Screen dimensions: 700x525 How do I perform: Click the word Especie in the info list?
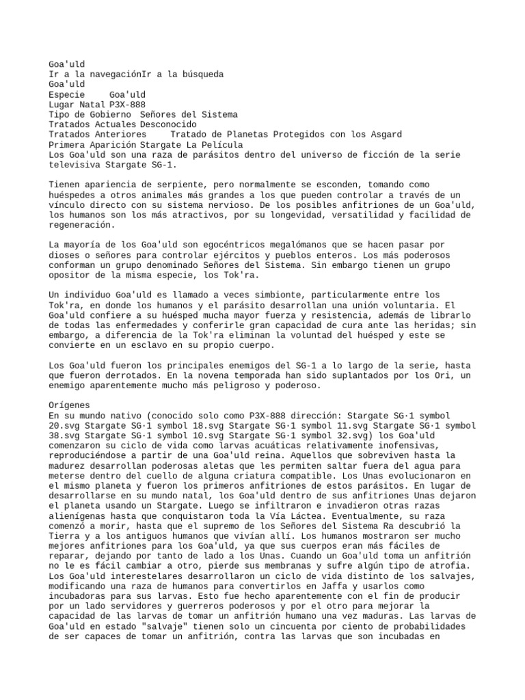pyautogui.click(x=67, y=94)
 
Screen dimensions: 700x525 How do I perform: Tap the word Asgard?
pyautogui.click(x=385, y=135)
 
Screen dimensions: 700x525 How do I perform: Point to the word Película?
pyautogui.click(x=219, y=146)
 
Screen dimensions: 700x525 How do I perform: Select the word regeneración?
pyautogui.click(x=79, y=226)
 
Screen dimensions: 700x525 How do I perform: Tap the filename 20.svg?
pyautogui.click(x=64, y=426)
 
